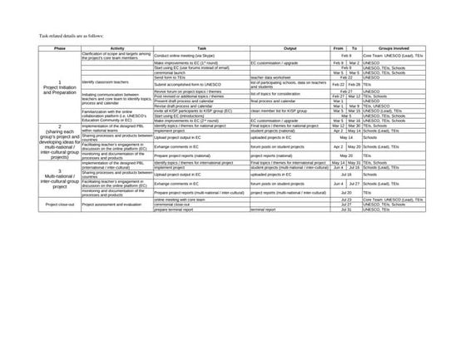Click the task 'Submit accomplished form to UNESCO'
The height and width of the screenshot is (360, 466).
(188, 84)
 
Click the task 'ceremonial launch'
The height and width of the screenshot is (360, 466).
(171, 72)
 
